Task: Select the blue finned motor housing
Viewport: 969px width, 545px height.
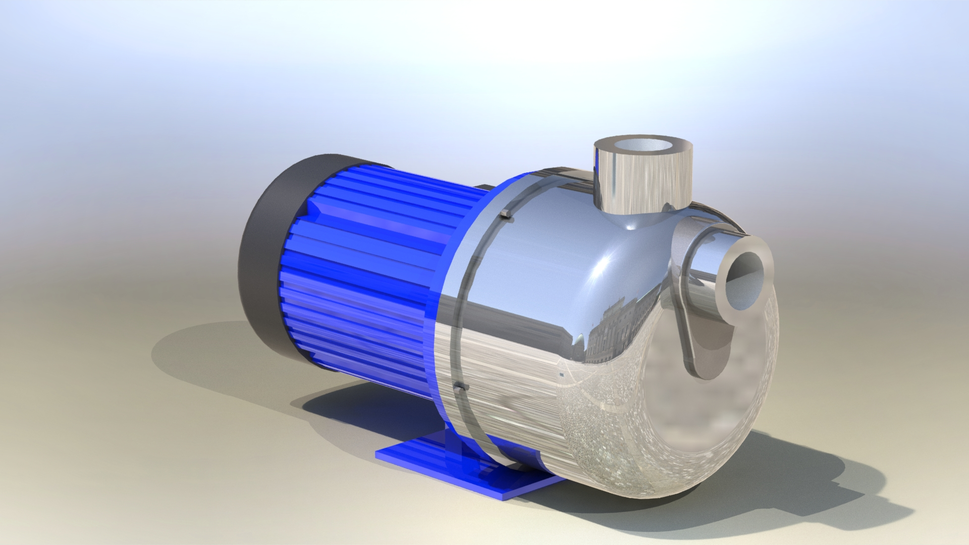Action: click(x=363, y=262)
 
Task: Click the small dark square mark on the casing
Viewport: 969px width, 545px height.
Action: click(x=562, y=375)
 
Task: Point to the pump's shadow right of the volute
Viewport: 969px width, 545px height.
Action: click(x=833, y=484)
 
